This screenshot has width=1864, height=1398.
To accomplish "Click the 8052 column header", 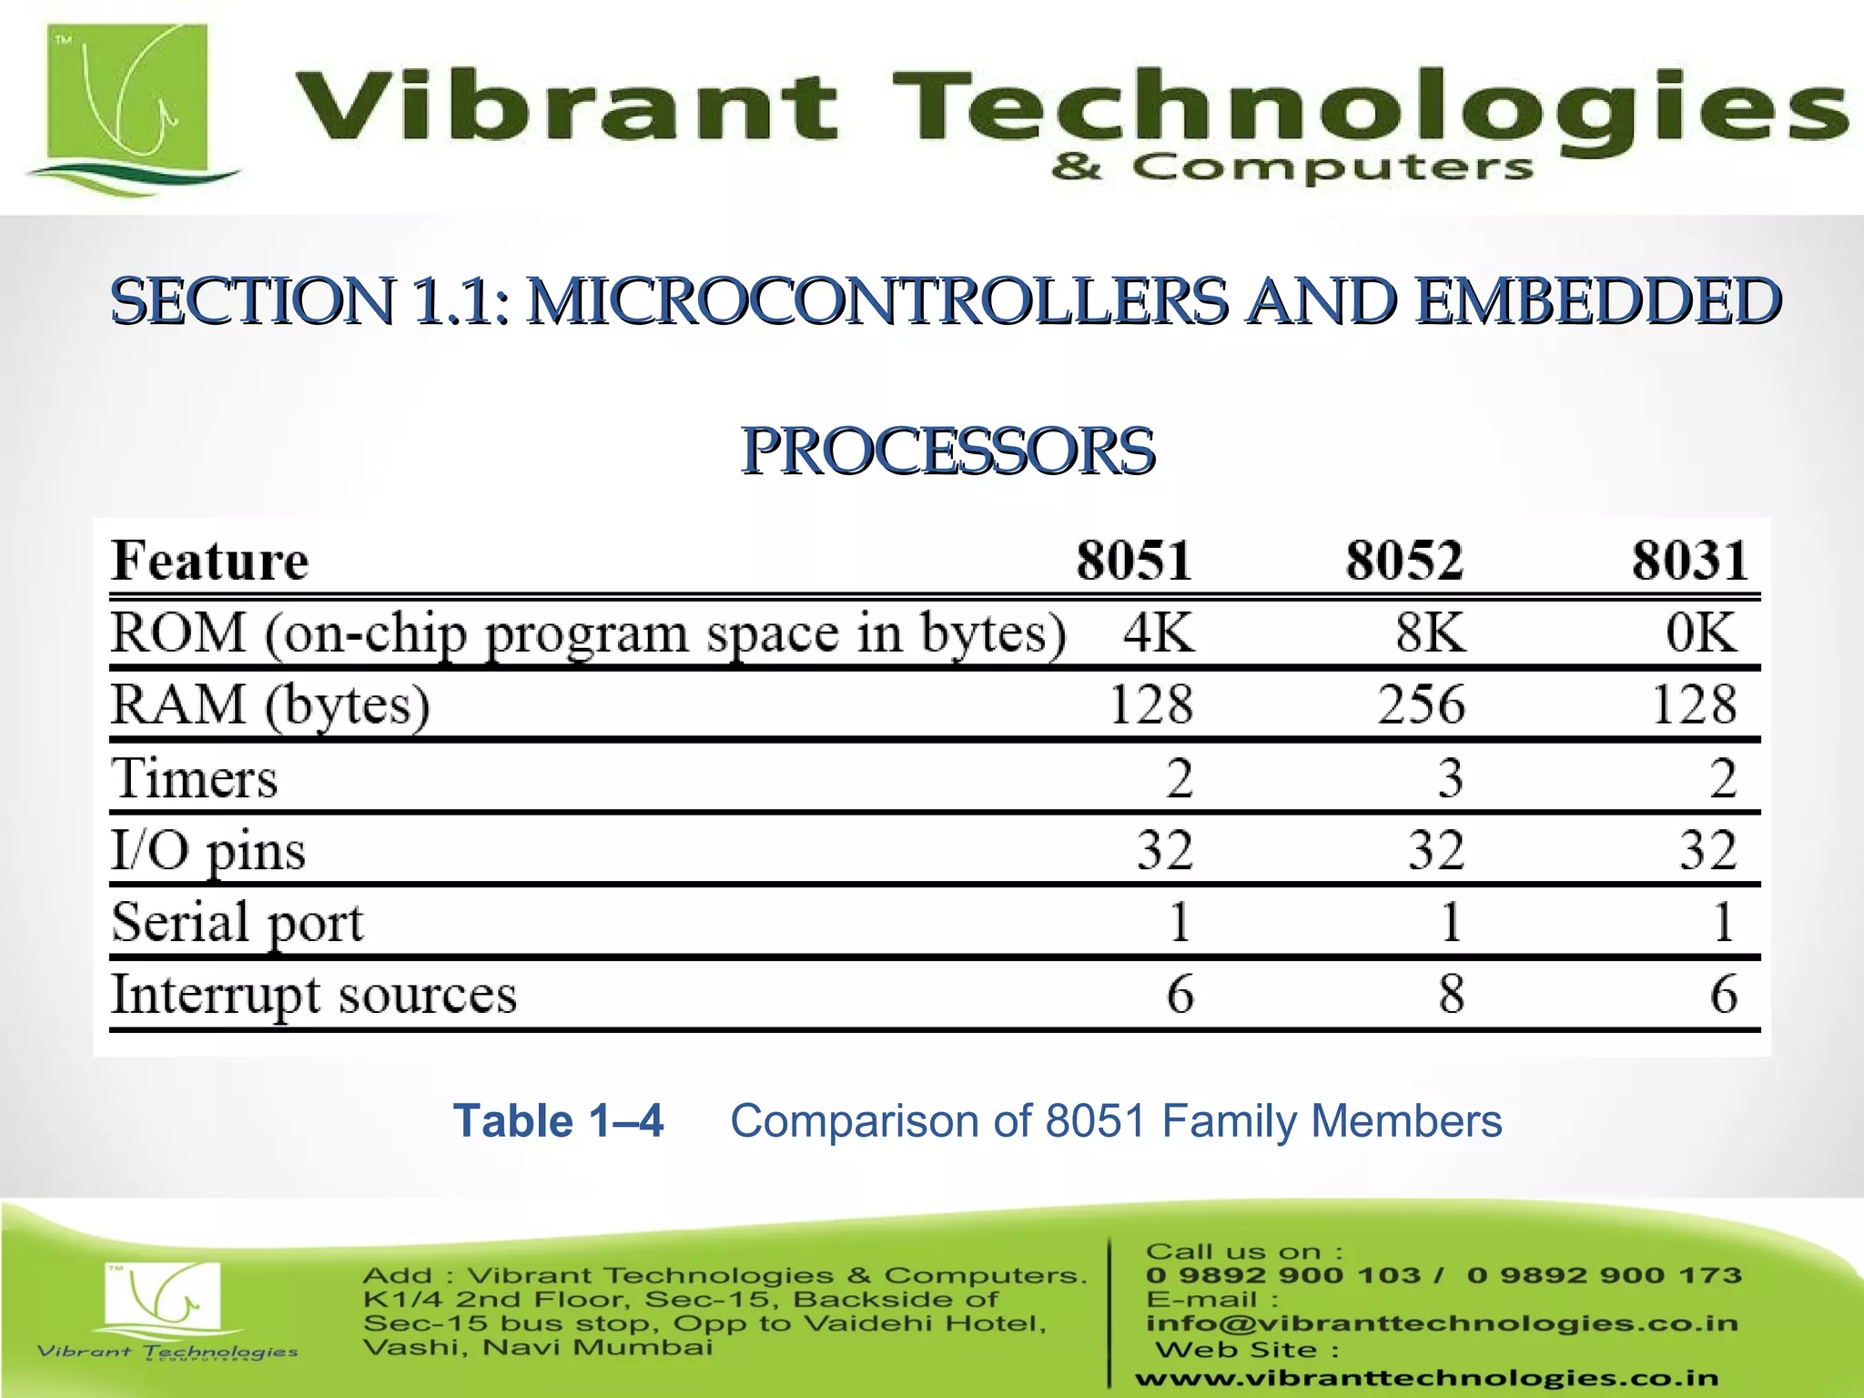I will tap(1404, 560).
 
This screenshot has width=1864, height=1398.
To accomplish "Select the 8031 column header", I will tap(1689, 560).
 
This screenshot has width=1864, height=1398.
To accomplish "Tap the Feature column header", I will tap(209, 560).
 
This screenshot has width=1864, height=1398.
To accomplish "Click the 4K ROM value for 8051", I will tap(1158, 632).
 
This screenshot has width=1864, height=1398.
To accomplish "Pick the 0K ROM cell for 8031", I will tap(1701, 632).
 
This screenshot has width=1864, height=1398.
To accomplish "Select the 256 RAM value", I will tap(1421, 704).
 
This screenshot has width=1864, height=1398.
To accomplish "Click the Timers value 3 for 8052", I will tap(1450, 777).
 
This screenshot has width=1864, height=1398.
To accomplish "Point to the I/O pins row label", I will tap(208, 850).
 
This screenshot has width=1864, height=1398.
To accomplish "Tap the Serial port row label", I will tap(237, 922).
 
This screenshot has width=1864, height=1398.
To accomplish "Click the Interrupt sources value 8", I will tap(1451, 993).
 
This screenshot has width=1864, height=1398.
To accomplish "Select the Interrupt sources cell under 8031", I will tap(1723, 993).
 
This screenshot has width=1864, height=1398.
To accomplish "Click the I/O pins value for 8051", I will tap(1164, 850).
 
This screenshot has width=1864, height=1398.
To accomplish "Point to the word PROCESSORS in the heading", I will tap(947, 451).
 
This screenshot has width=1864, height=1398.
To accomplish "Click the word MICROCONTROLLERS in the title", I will tap(876, 300).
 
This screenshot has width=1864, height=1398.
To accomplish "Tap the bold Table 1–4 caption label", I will tap(558, 1120).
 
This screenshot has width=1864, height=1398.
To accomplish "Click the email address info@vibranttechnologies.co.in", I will tap(1442, 1323).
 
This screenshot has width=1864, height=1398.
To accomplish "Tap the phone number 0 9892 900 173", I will tap(1604, 1275).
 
